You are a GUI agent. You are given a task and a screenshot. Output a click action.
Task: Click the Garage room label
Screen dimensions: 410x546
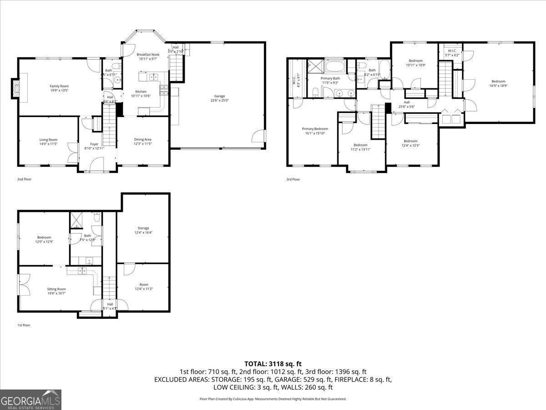click(220, 96)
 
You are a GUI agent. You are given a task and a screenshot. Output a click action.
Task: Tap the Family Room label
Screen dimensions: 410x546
click(59, 86)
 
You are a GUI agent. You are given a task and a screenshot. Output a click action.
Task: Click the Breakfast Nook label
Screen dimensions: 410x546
click(147, 55)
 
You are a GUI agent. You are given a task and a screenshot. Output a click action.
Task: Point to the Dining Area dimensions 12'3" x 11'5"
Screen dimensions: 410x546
click(142, 144)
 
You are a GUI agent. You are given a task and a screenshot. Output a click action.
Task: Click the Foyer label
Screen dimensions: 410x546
click(94, 144)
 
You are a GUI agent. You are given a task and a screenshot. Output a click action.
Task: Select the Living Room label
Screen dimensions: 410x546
click(48, 140)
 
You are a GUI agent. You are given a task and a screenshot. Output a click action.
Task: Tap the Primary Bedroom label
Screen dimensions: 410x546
click(315, 129)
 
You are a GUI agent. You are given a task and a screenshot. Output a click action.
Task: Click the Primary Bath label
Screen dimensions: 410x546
click(330, 78)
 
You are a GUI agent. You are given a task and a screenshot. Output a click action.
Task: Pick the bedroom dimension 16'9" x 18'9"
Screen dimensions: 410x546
click(498, 86)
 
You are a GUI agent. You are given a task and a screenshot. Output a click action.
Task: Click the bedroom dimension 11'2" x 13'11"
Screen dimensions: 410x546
click(360, 149)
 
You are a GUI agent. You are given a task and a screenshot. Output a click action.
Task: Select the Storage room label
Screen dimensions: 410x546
click(143, 228)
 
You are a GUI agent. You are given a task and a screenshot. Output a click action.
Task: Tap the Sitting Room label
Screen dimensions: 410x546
click(56, 289)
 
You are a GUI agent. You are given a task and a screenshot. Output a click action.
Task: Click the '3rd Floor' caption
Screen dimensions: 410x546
click(293, 179)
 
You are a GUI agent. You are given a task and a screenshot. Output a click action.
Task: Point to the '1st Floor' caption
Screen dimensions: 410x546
click(24, 325)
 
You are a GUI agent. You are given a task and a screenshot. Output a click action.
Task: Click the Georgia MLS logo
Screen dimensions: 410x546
click(30, 400)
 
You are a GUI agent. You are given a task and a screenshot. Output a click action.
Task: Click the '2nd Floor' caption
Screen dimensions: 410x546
click(24, 179)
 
